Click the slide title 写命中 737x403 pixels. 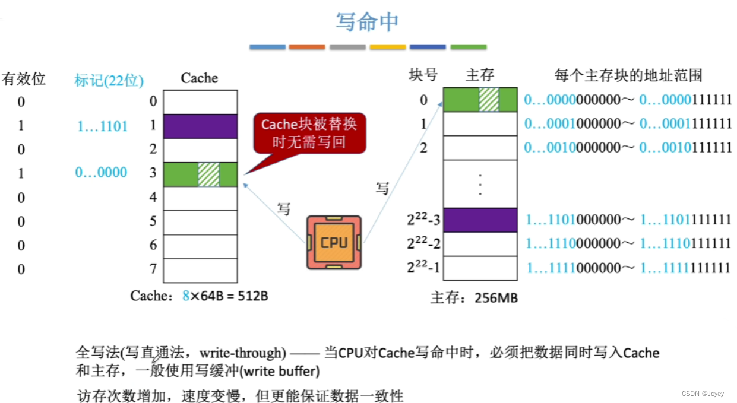click(x=367, y=22)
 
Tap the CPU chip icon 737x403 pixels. click(x=334, y=242)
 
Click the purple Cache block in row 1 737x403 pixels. click(x=200, y=126)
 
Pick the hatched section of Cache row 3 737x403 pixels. click(x=208, y=174)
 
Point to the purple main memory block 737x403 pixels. click(x=480, y=220)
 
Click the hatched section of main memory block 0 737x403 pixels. click(x=489, y=100)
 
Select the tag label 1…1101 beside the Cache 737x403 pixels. click(x=102, y=126)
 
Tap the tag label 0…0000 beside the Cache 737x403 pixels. click(x=101, y=173)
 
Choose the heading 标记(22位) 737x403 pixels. click(x=109, y=80)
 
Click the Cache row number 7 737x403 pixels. click(x=153, y=269)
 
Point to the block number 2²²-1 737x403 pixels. click(x=423, y=268)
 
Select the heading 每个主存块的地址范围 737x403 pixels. click(x=628, y=75)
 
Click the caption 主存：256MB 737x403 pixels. click(x=474, y=297)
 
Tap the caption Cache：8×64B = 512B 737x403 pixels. click(x=199, y=295)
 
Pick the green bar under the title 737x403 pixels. click(x=468, y=47)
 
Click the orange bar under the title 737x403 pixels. click(x=307, y=47)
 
